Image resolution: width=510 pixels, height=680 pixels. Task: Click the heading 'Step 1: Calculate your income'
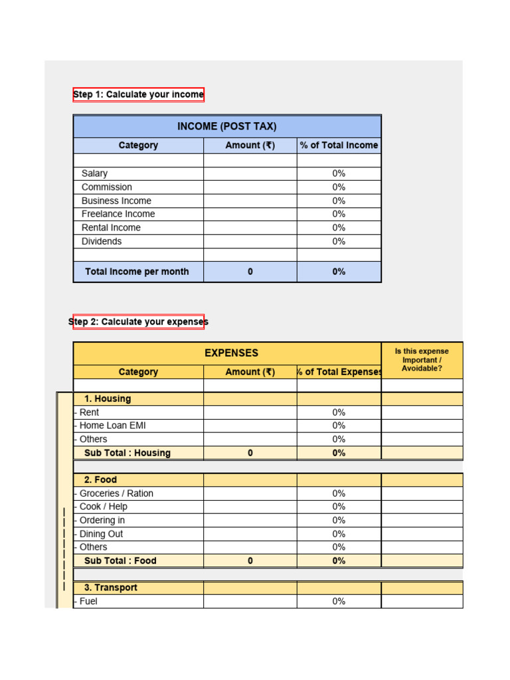[x=138, y=94]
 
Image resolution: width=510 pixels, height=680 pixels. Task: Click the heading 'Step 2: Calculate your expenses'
[x=138, y=322]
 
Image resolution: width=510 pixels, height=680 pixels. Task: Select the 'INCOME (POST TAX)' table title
[x=227, y=126]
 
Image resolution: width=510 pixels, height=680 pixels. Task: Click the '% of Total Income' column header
[x=339, y=145]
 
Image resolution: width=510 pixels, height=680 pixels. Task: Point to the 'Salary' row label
[x=94, y=173]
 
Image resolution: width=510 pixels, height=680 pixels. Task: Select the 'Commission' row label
[x=106, y=187]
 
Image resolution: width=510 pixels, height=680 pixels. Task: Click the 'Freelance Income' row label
[x=118, y=214]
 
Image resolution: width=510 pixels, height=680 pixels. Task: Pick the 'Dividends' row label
[x=102, y=241]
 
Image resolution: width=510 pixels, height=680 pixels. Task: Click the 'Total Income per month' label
[x=137, y=272]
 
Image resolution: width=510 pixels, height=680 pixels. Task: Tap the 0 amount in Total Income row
[x=250, y=272]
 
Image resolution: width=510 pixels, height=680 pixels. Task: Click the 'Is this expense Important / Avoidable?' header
[x=422, y=360]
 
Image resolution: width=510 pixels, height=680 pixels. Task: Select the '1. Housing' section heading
[x=108, y=399]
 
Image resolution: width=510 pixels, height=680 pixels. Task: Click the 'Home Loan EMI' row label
[x=112, y=426]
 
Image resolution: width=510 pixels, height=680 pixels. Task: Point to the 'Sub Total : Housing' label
[x=127, y=453]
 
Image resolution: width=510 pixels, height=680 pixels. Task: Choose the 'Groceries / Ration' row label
[x=116, y=493]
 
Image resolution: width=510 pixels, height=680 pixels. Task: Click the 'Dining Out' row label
[x=101, y=534]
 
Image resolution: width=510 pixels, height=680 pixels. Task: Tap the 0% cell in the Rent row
[x=339, y=412]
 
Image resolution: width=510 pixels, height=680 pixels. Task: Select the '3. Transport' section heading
[x=111, y=588]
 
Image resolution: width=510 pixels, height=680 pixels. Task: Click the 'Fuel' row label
[x=88, y=602]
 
